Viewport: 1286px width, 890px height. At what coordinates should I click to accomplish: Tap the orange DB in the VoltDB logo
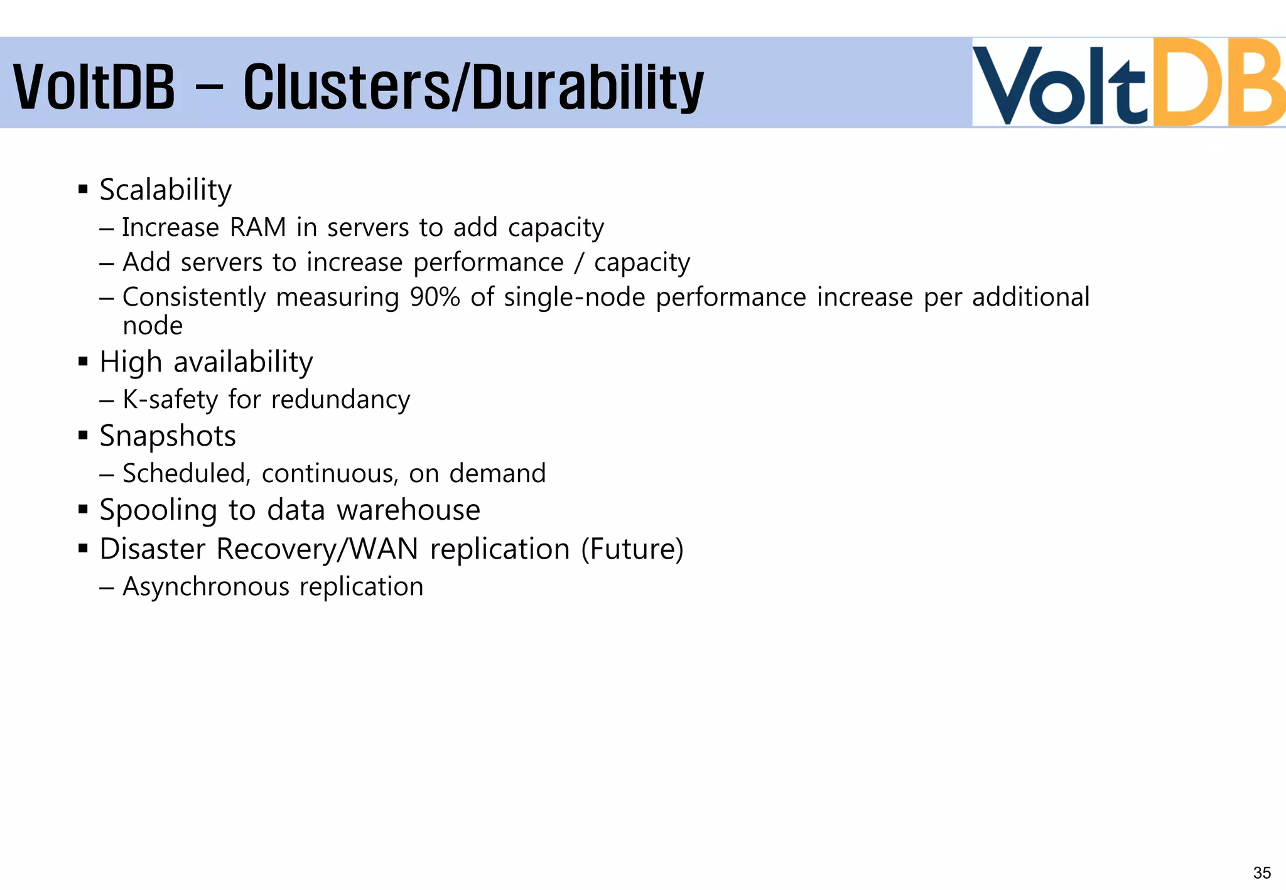(x=1218, y=83)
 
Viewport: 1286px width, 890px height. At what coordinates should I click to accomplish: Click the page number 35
(x=1262, y=872)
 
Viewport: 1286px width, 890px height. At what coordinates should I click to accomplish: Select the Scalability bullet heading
(x=165, y=190)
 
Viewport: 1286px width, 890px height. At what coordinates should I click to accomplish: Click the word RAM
(x=257, y=227)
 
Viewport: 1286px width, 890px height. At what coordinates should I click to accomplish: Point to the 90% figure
(x=435, y=297)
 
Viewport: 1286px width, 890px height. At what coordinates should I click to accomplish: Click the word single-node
(x=574, y=297)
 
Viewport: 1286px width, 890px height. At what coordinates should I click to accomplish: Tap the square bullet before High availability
(x=83, y=362)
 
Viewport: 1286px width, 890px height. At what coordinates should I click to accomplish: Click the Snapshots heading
(x=168, y=436)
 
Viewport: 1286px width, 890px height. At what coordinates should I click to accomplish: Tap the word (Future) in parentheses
(x=632, y=549)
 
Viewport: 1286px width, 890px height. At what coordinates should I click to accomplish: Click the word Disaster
(x=153, y=549)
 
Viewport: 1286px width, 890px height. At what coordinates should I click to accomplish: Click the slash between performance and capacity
(x=578, y=262)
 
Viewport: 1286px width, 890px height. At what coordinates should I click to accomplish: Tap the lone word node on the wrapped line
(x=153, y=326)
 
